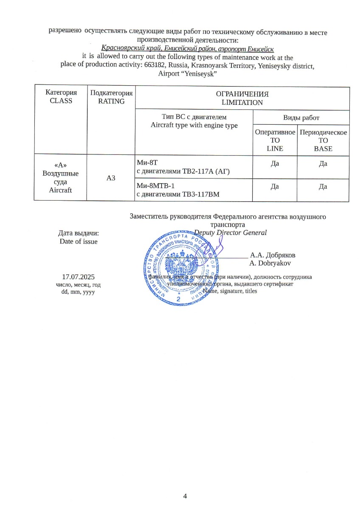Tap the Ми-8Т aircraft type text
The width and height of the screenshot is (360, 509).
tap(145, 162)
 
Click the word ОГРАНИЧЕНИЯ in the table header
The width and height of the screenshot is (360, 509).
tap(242, 94)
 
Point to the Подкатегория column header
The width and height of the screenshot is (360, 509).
tap(111, 93)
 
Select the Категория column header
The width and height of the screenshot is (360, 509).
tap(61, 93)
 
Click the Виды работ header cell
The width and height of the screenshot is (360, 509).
tap(301, 117)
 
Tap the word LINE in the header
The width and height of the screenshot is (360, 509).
tap(275, 148)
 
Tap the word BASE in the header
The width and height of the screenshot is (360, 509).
tap(323, 148)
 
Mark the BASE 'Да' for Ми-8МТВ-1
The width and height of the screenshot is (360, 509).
tap(323, 187)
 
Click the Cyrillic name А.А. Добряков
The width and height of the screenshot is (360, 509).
tap(273, 255)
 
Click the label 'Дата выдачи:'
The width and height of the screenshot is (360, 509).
tap(79, 233)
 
